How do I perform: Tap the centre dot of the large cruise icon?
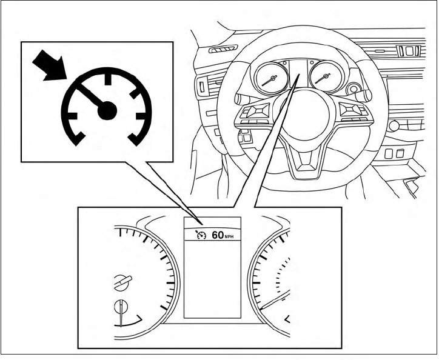107,110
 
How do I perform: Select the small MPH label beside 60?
229,236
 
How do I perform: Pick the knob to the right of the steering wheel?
395,125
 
